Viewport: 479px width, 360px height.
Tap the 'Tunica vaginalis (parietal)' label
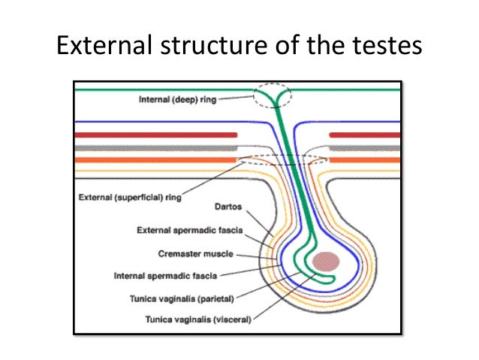point(194,298)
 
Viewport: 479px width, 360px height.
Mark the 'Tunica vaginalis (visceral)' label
point(199,319)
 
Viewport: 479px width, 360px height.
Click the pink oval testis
point(327,262)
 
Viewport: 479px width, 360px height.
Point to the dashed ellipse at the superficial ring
point(282,159)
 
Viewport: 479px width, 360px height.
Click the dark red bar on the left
point(153,135)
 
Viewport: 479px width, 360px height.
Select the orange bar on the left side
point(153,160)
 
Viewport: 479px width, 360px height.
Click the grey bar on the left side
point(153,147)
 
